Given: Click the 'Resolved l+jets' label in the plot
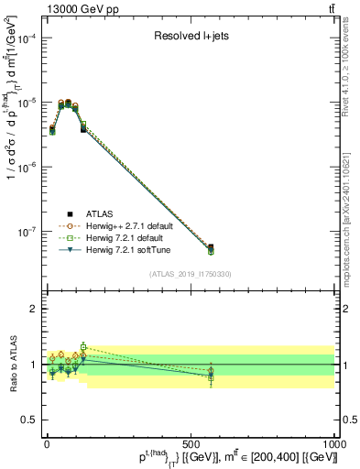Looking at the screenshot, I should click(x=190, y=38).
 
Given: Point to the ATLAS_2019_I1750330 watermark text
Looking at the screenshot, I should click(x=190, y=274).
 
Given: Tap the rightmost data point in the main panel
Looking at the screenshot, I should click(x=211, y=248).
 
